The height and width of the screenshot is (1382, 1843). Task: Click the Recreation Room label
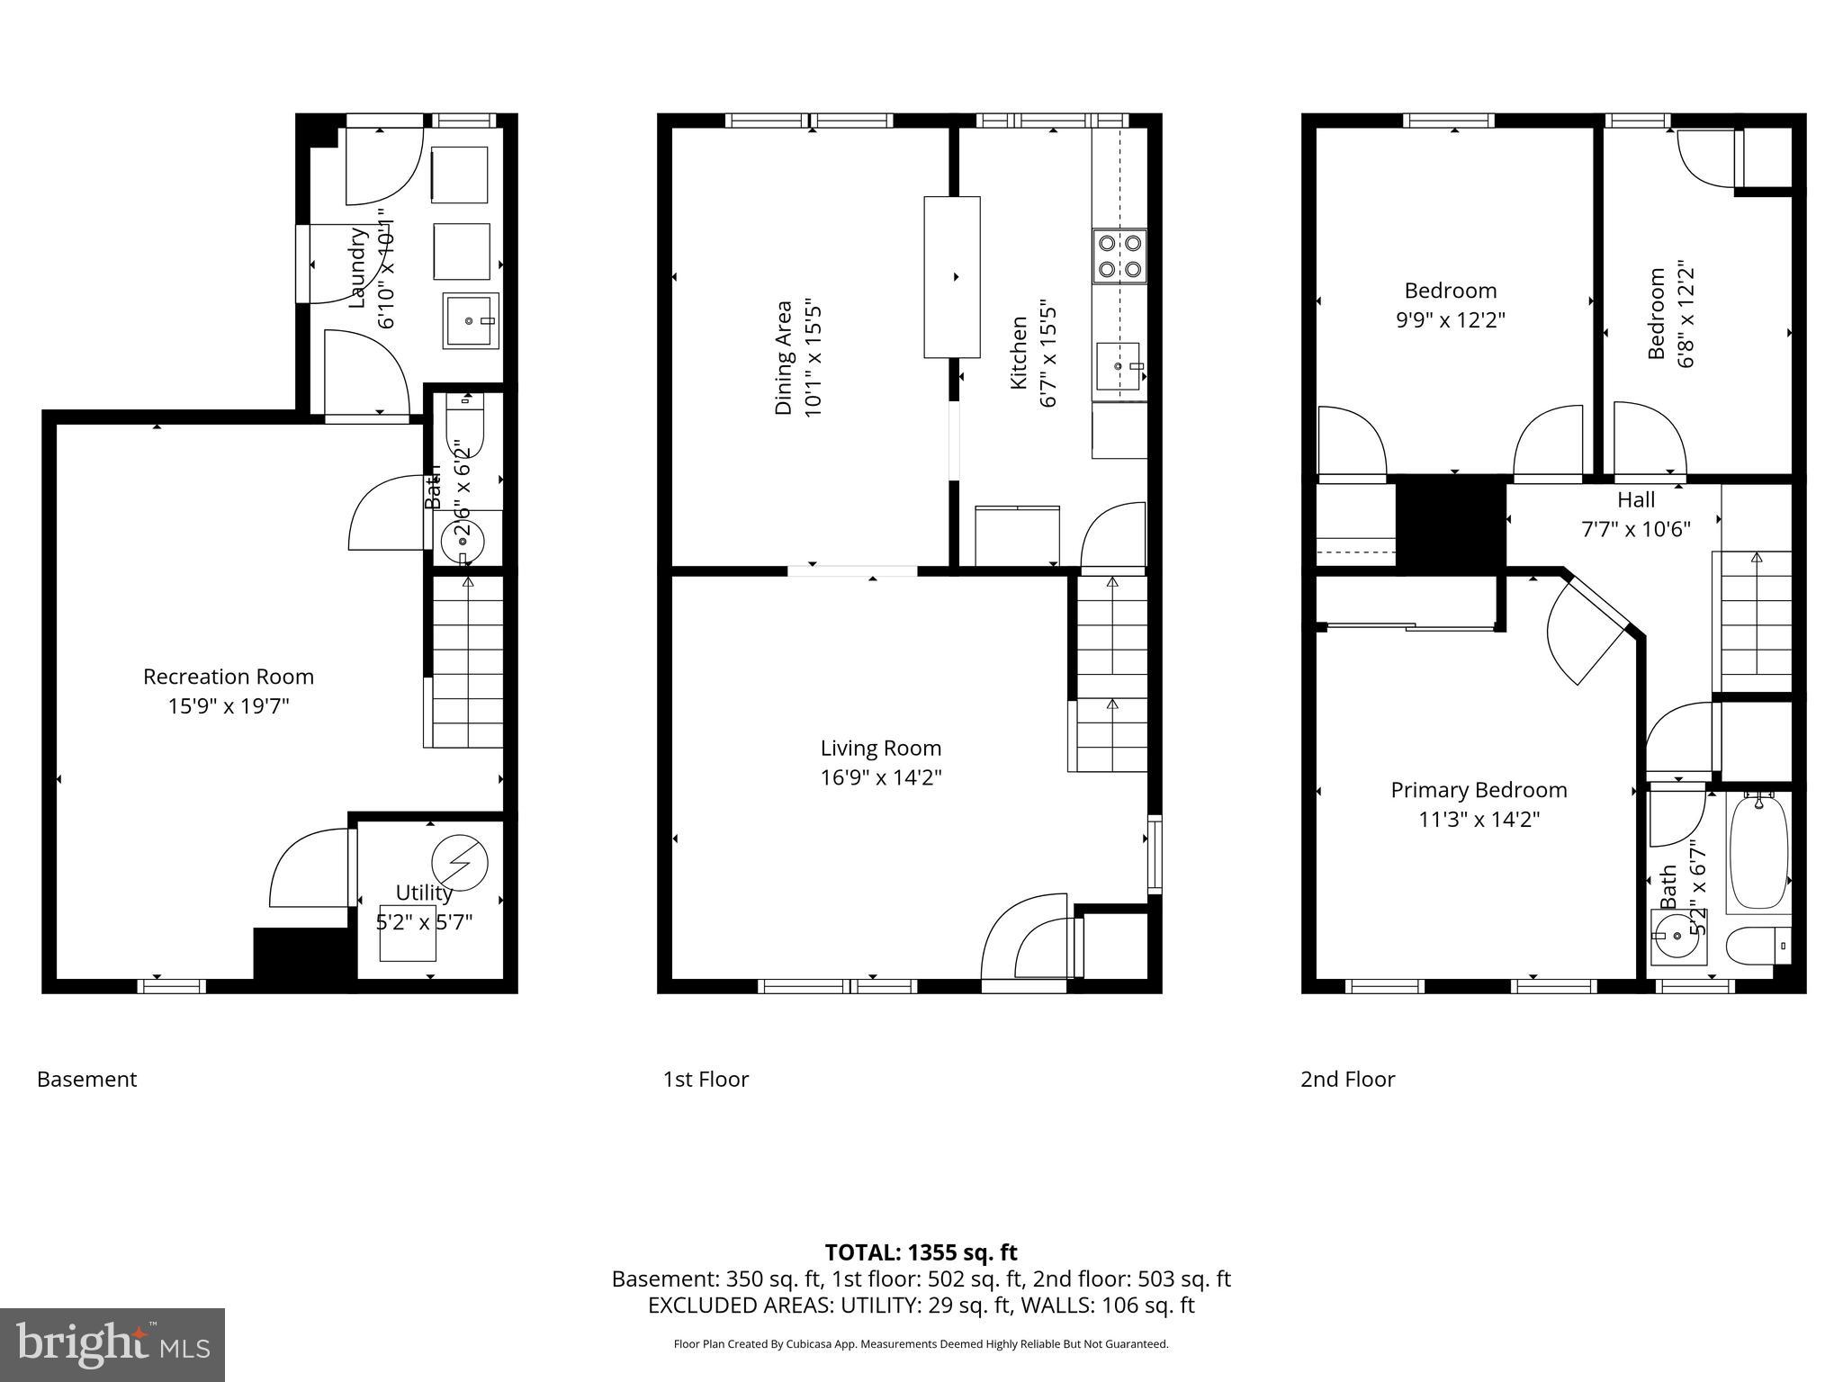click(x=229, y=677)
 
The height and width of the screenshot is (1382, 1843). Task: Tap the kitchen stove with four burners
click(x=1119, y=256)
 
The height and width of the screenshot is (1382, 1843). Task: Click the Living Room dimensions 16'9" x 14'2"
click(x=881, y=777)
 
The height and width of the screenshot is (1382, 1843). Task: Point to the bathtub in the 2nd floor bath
click(x=1758, y=851)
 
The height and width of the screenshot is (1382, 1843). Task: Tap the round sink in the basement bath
click(x=463, y=542)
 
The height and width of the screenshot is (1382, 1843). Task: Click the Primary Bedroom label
click(x=1479, y=790)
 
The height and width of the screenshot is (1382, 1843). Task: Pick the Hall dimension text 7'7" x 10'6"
click(x=1635, y=529)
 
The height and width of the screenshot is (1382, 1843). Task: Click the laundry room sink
click(x=469, y=320)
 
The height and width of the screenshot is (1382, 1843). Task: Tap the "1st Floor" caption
click(x=706, y=1079)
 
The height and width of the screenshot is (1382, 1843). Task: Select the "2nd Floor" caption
click(x=1347, y=1079)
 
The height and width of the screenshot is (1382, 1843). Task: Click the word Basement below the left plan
click(x=87, y=1079)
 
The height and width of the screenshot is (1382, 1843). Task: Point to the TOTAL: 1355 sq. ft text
click(x=921, y=1252)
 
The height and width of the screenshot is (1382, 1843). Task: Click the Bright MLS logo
click(x=112, y=1344)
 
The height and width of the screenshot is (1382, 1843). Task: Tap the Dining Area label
click(x=784, y=357)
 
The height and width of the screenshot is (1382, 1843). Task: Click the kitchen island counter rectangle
click(x=952, y=277)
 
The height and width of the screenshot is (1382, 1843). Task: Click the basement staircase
click(x=466, y=662)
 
